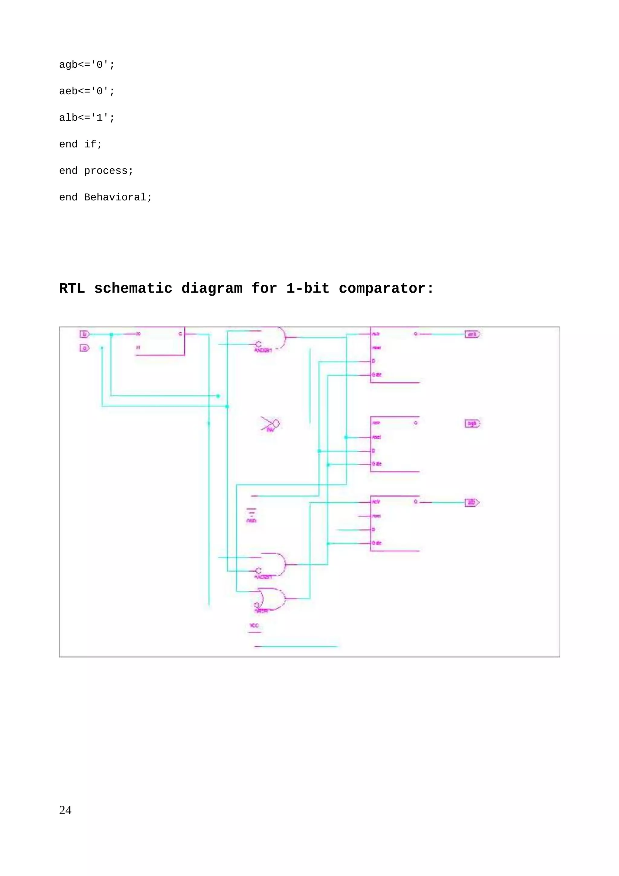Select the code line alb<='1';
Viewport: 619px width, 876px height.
coord(86,118)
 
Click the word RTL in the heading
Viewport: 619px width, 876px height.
coord(72,288)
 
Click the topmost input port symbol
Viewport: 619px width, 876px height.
coord(84,334)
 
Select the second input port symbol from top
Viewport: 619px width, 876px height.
coord(84,348)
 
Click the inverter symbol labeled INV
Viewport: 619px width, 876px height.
coord(271,424)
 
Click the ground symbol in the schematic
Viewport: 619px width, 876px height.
coord(251,512)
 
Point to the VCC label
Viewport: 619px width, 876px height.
coord(254,625)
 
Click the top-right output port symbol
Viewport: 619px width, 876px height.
coord(472,335)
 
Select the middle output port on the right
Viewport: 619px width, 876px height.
coord(472,423)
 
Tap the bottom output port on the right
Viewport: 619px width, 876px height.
coord(472,502)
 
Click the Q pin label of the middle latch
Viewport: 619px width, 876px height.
coord(416,423)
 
